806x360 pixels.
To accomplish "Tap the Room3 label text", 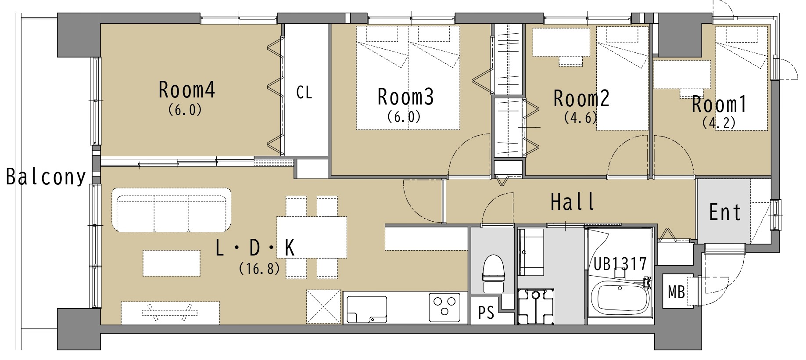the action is pos(405,97).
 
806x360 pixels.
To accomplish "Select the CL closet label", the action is pos(304,93).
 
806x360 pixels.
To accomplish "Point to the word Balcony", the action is pos(46,177).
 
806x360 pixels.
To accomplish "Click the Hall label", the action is pos(573,202).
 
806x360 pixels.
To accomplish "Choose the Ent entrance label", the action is pos(725,212).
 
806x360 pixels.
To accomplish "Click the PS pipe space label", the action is pos(486,313).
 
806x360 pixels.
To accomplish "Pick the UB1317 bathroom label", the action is pos(620,264).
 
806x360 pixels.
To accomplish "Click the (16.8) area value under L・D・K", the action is pos(259,268).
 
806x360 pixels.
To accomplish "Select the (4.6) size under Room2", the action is pos(580,118).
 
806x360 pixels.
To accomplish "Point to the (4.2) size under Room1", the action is pos(719,122).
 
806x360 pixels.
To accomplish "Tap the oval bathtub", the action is pos(620,299).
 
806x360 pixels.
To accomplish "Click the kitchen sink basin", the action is pos(367,309).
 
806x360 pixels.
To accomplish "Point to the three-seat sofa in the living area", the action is pos(172,210).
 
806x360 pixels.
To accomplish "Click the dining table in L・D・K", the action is pos(312,237).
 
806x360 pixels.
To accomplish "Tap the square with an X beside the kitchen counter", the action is pos(323,307).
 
